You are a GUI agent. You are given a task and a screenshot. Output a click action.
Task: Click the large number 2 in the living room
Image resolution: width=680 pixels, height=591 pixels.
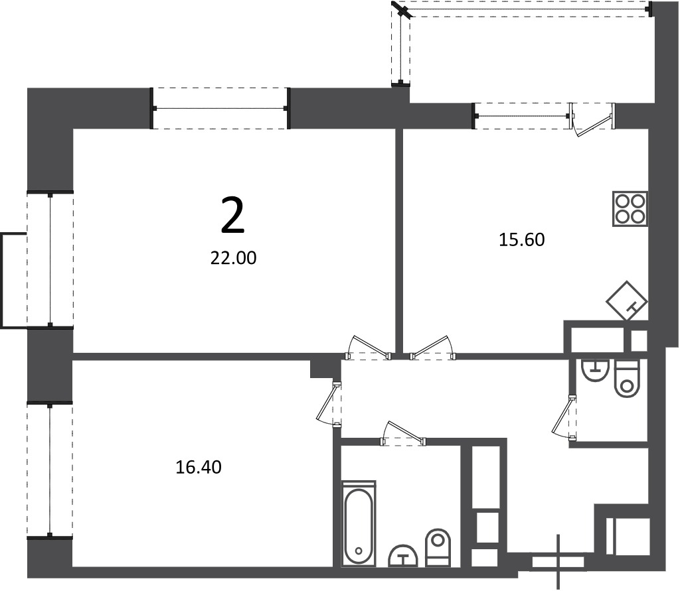click(x=233, y=214)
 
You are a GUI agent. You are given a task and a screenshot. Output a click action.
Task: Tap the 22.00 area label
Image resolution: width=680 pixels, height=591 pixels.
click(x=233, y=258)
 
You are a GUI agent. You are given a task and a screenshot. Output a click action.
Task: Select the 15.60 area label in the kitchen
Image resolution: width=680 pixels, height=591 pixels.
click(x=522, y=239)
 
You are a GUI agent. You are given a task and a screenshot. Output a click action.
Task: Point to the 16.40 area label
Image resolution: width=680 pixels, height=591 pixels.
click(x=199, y=467)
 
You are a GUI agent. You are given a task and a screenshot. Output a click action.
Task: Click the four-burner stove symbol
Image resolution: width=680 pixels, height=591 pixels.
click(x=631, y=208)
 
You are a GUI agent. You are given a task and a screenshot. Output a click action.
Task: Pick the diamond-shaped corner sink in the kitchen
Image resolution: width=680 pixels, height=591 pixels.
click(x=627, y=300)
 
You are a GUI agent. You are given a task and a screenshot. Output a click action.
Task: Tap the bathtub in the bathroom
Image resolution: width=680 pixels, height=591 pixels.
click(x=359, y=523)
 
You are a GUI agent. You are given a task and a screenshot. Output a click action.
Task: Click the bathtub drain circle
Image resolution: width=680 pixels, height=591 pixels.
click(x=358, y=551)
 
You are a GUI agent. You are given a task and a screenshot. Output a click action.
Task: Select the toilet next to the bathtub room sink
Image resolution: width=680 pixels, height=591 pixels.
click(x=438, y=547)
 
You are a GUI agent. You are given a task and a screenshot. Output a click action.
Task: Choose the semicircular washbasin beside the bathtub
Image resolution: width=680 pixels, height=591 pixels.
click(x=403, y=555)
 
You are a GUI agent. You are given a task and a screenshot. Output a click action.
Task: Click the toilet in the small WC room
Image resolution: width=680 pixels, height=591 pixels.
click(x=627, y=378)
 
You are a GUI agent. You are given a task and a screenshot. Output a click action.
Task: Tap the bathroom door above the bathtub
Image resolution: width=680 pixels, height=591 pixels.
click(x=403, y=433)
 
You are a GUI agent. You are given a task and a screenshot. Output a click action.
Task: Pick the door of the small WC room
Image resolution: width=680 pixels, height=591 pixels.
click(x=564, y=418)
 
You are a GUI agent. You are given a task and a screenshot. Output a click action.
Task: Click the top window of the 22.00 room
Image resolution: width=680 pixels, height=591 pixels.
click(x=220, y=108)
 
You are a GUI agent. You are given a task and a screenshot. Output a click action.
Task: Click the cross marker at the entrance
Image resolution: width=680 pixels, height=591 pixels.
click(x=558, y=562)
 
